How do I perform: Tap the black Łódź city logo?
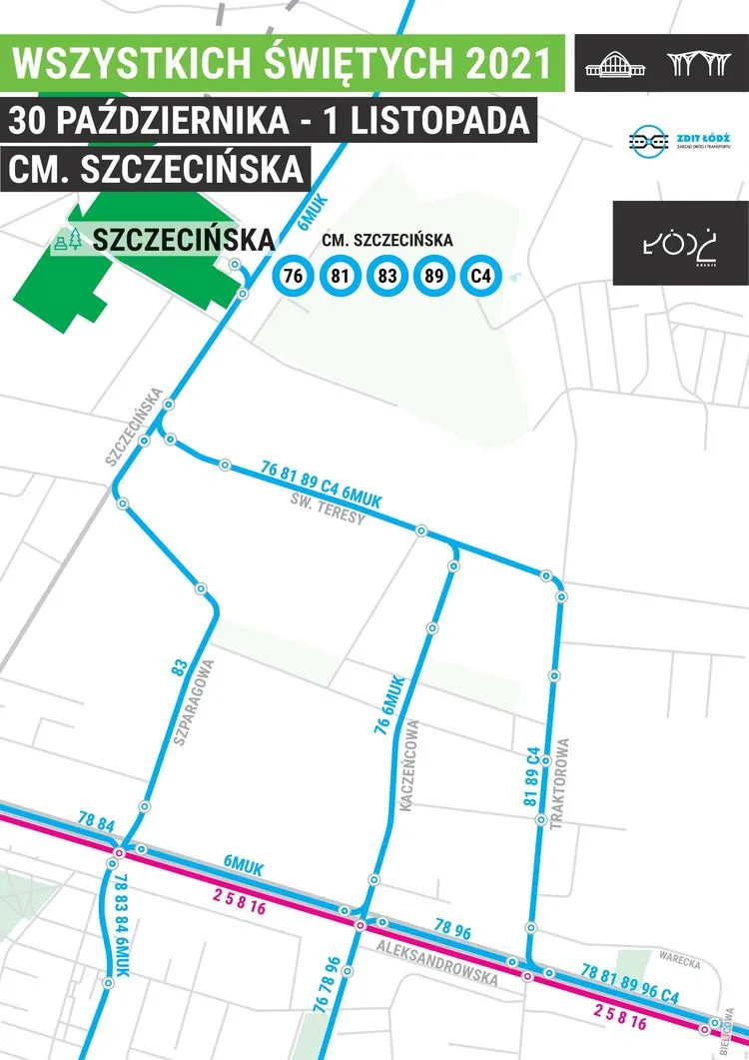click(680, 243)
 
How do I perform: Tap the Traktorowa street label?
click(564, 783)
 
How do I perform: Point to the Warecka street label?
click(680, 965)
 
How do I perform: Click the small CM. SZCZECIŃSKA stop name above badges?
click(387, 241)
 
